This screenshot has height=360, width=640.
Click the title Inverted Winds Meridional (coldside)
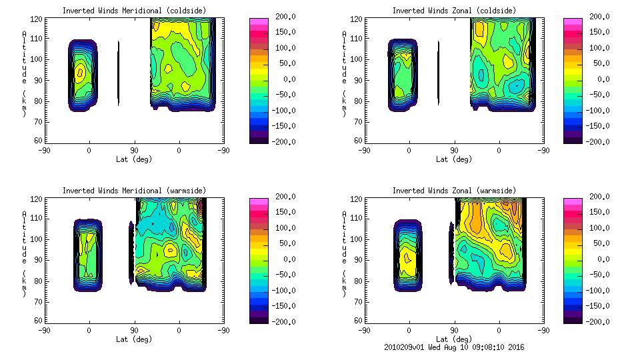pyautogui.click(x=134, y=11)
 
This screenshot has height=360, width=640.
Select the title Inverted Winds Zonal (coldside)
pyautogui.click(x=453, y=11)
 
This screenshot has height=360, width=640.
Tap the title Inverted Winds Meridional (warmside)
pyautogui.click(x=134, y=191)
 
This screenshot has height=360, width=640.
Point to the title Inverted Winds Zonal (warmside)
pyautogui.click(x=453, y=191)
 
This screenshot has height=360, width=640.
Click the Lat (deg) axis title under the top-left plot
pyautogui.click(x=134, y=159)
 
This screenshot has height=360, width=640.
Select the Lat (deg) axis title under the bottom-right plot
pyautogui.click(x=453, y=339)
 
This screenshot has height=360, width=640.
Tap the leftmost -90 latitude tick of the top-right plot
pyautogui.click(x=364, y=151)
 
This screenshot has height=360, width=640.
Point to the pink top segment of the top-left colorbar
pyautogui.click(x=258, y=22)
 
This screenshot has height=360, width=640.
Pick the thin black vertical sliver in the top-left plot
pyautogui.click(x=119, y=73)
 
